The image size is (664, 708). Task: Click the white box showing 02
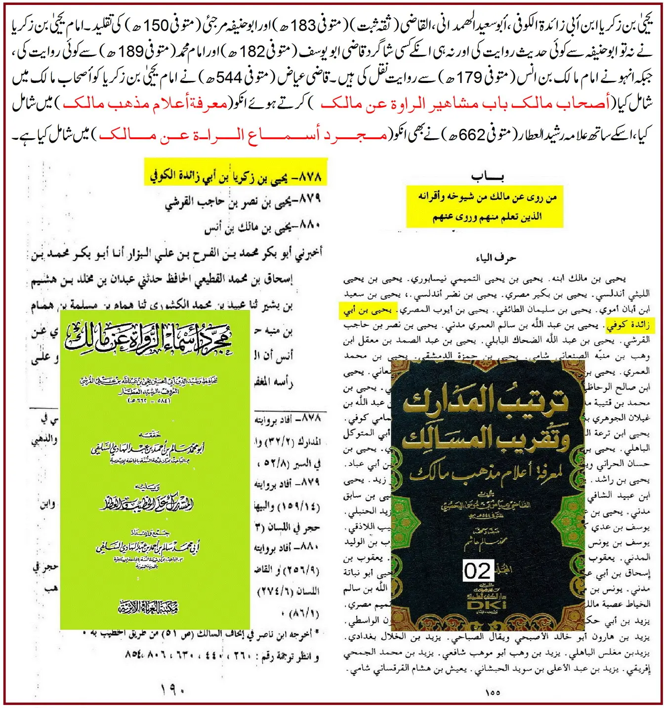[x=477, y=571]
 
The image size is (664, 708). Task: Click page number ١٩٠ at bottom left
[x=173, y=690]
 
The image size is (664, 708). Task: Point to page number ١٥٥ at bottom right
[x=493, y=692]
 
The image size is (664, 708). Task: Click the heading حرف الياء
[x=496, y=258]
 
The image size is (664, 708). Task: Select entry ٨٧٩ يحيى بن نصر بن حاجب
[x=243, y=201]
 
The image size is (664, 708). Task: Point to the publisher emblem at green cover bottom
[x=148, y=607]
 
